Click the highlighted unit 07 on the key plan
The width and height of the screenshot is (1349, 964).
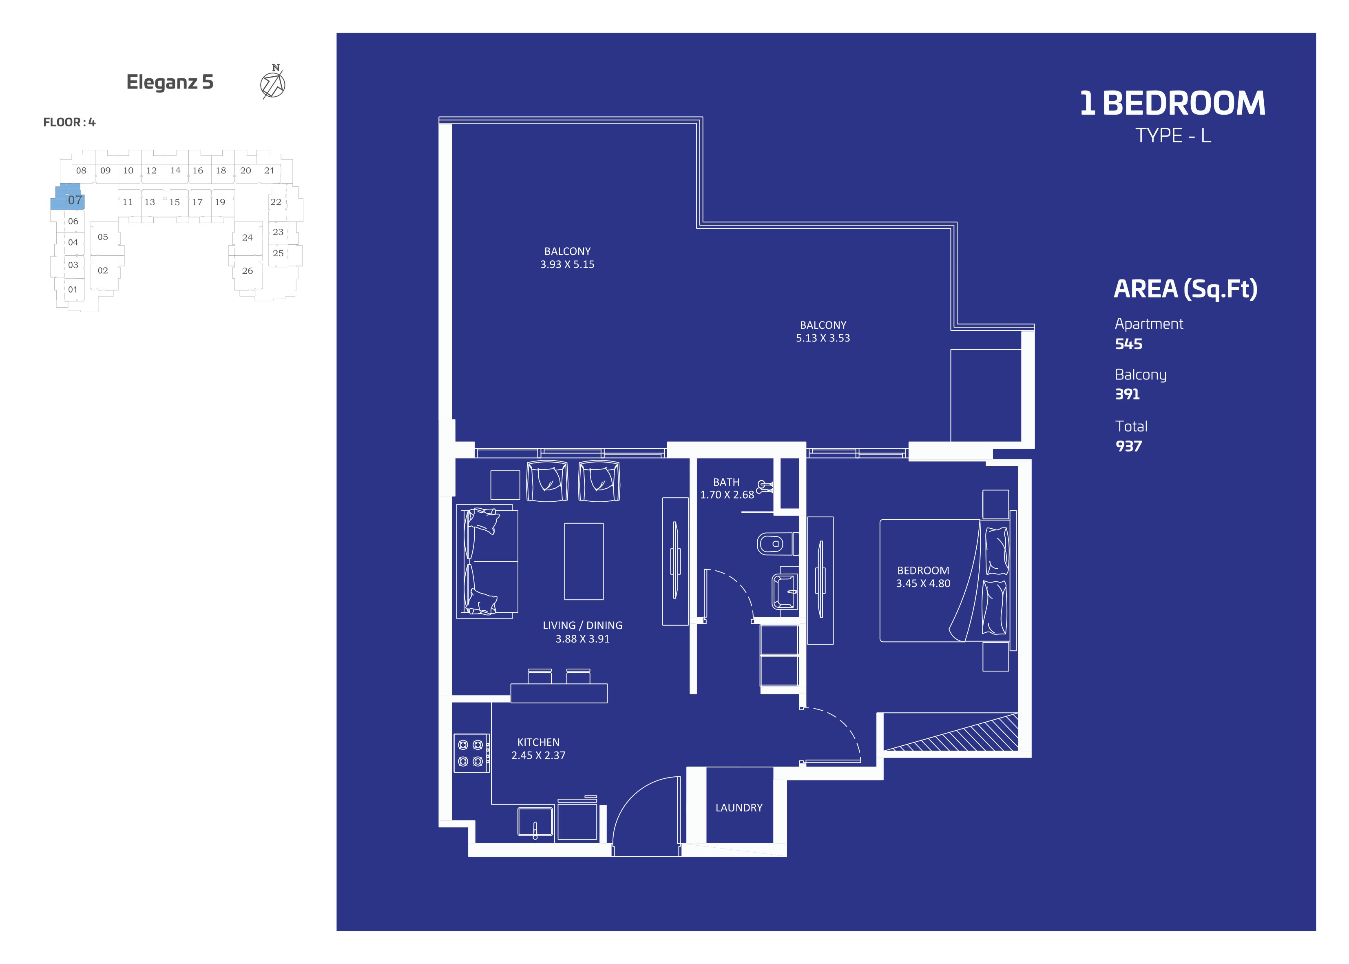[68, 198]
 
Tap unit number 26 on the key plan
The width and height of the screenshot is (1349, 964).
[248, 271]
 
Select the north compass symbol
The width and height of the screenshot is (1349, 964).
[273, 82]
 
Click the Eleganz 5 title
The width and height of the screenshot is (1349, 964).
[170, 82]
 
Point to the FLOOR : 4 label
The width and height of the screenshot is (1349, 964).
[69, 122]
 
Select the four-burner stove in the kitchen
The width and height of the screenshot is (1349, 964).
[471, 753]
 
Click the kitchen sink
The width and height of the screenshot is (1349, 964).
[535, 822]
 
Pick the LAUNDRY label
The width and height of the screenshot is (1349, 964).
[739, 808]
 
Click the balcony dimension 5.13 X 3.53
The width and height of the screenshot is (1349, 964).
[823, 338]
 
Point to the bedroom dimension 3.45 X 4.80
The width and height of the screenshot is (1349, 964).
[923, 583]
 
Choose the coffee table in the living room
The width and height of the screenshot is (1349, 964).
[584, 561]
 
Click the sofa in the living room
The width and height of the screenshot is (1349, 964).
[487, 561]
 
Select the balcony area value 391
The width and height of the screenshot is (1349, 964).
[1127, 394]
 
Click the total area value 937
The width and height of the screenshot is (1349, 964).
[1128, 446]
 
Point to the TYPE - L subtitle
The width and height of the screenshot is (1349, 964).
[1173, 136]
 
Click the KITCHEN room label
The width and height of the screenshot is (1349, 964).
[538, 742]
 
